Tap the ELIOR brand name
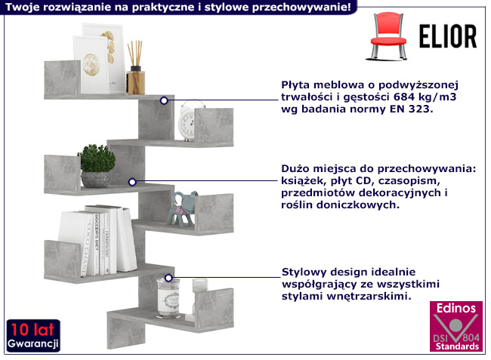point(446,36)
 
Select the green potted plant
point(96,167)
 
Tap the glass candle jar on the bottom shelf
point(168,297)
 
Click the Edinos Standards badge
point(455,327)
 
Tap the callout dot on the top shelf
point(164,100)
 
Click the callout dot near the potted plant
point(131,181)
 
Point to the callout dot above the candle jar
point(168,278)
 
